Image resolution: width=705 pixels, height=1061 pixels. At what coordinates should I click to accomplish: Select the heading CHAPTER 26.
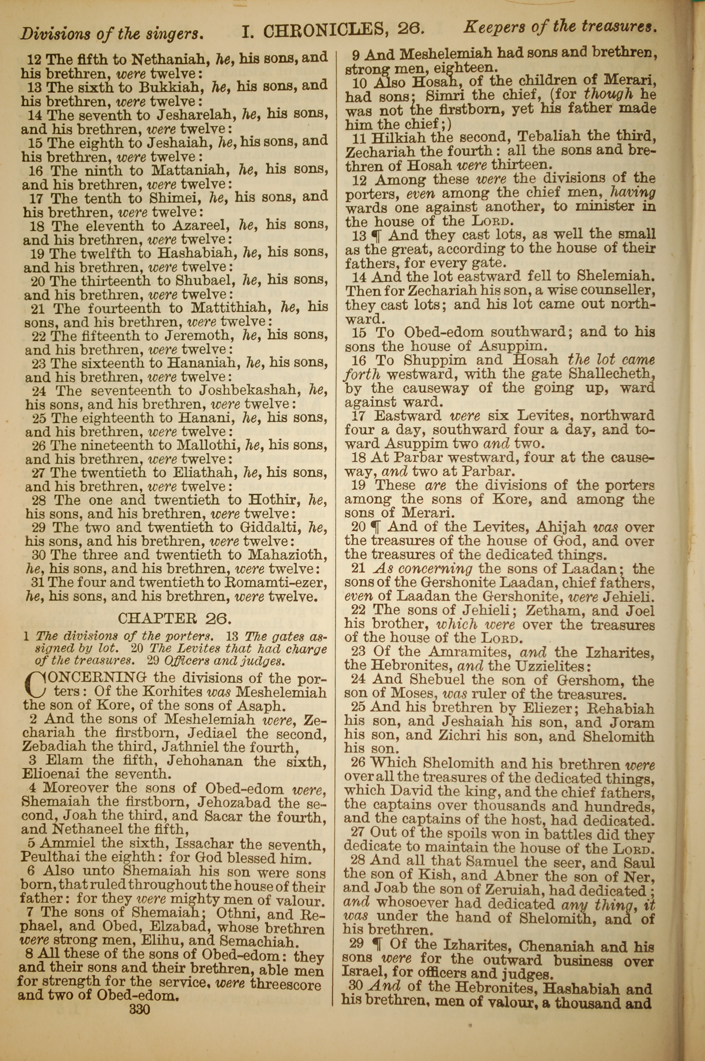tap(174, 619)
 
